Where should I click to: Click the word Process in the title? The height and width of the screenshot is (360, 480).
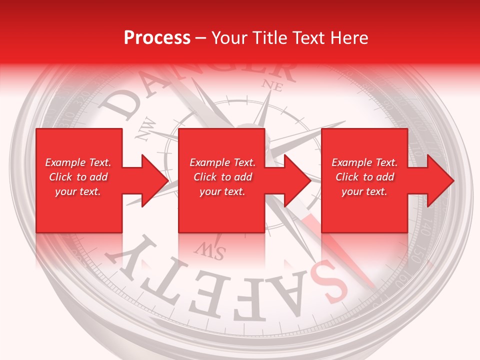pos(157,38)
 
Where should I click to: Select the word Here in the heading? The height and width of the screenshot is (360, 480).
pos(348,38)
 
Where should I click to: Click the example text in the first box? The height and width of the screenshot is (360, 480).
pos(78,177)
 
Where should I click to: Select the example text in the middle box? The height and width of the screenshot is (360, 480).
pos(222,177)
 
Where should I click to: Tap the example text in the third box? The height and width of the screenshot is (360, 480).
pos(364,177)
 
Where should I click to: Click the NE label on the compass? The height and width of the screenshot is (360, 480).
pos(273,85)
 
